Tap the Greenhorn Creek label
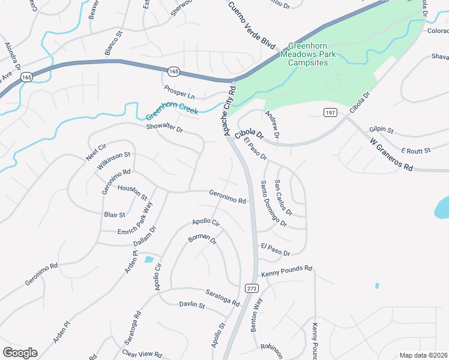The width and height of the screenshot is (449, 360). [x=172, y=111]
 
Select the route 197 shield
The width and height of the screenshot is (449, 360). [x=330, y=113]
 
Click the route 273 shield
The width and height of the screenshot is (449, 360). [x=252, y=288]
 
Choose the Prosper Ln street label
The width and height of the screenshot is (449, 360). [x=179, y=92]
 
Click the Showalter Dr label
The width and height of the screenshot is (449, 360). [x=164, y=128]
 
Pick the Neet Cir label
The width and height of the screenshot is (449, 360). [x=95, y=151]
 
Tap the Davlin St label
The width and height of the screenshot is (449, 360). [x=192, y=305]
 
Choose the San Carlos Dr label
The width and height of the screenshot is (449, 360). [x=283, y=197]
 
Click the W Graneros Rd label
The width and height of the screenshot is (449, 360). [x=392, y=155]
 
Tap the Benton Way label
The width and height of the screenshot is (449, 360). [x=256, y=314]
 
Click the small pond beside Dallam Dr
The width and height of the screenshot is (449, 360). [x=148, y=259]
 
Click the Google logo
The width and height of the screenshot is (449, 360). [x=20, y=353]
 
